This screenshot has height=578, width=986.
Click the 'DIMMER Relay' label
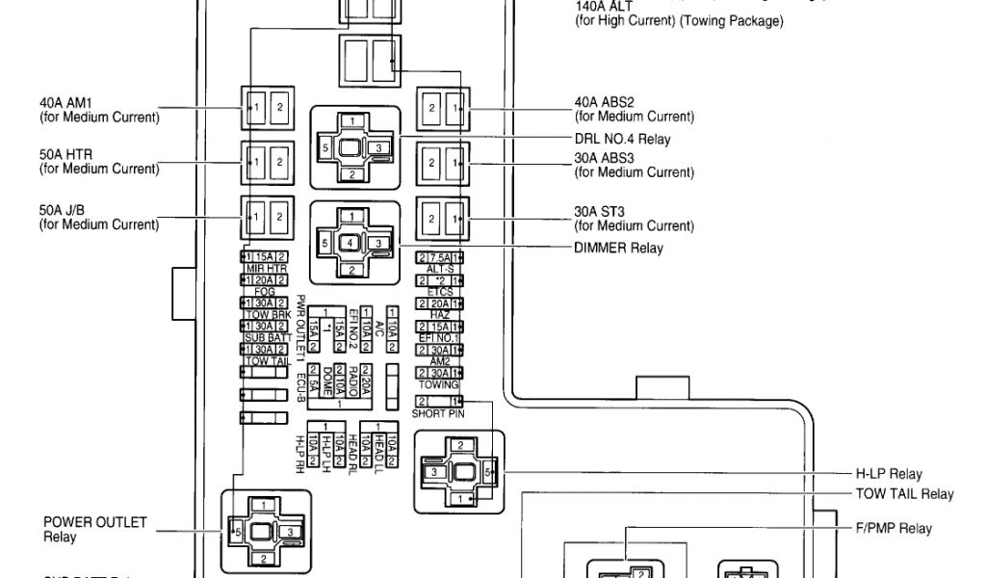point(620,249)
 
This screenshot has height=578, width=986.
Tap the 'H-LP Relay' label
point(889,474)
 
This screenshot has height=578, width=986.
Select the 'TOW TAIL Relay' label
point(904,494)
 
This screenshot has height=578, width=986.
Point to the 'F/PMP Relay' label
point(894,528)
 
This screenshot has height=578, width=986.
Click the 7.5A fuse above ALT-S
point(439,257)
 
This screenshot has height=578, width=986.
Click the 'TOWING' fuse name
point(439,384)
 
